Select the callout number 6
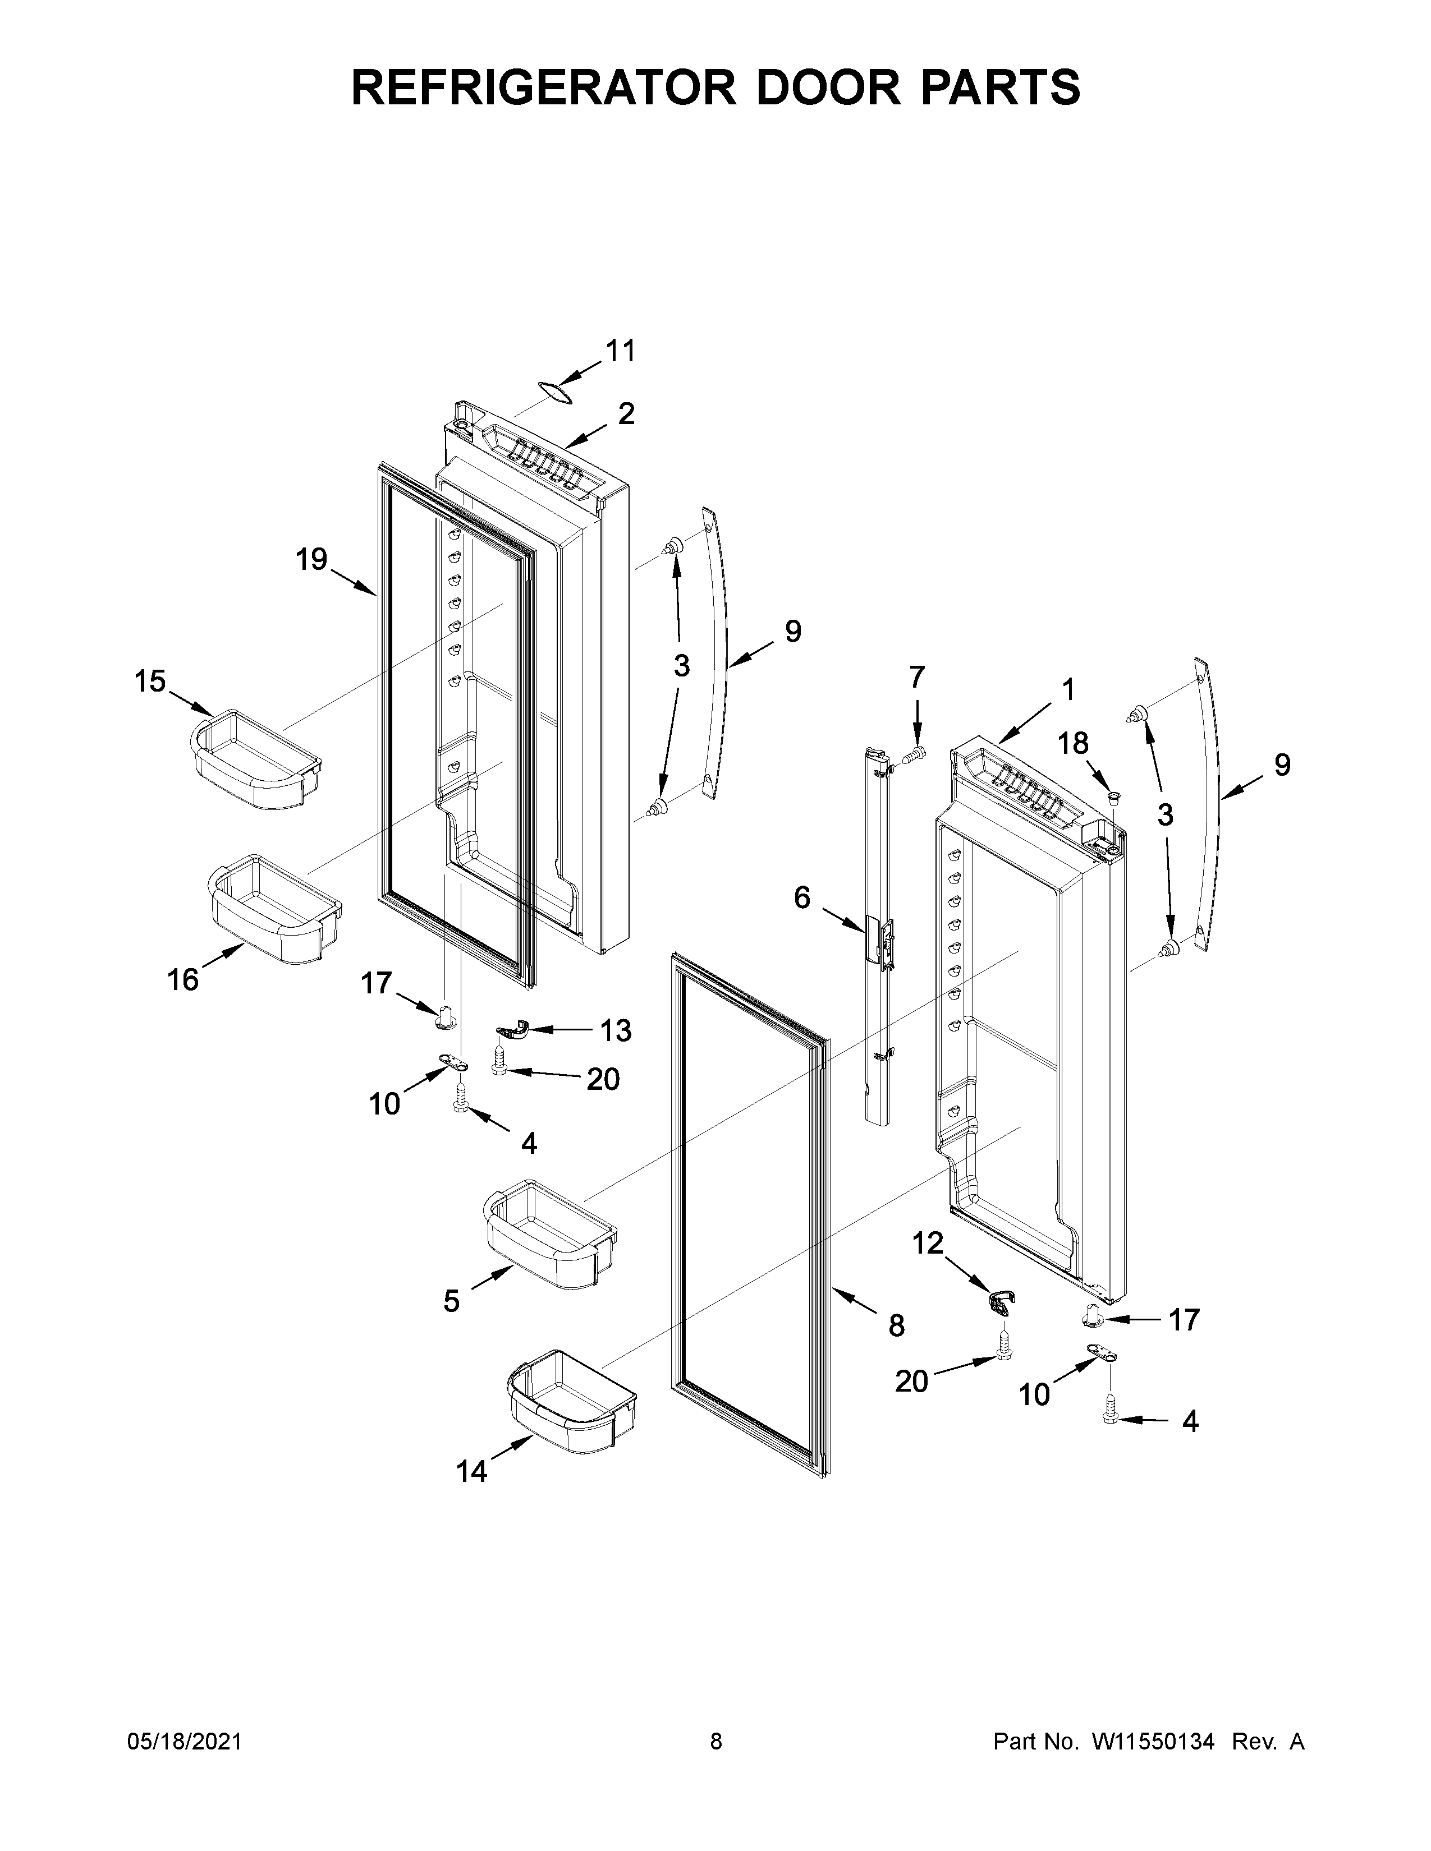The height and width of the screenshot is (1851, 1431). (x=802, y=897)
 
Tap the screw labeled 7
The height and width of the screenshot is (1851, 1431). (x=913, y=753)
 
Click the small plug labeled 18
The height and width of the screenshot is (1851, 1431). (x=1114, y=796)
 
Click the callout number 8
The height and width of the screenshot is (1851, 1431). (x=896, y=1325)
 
